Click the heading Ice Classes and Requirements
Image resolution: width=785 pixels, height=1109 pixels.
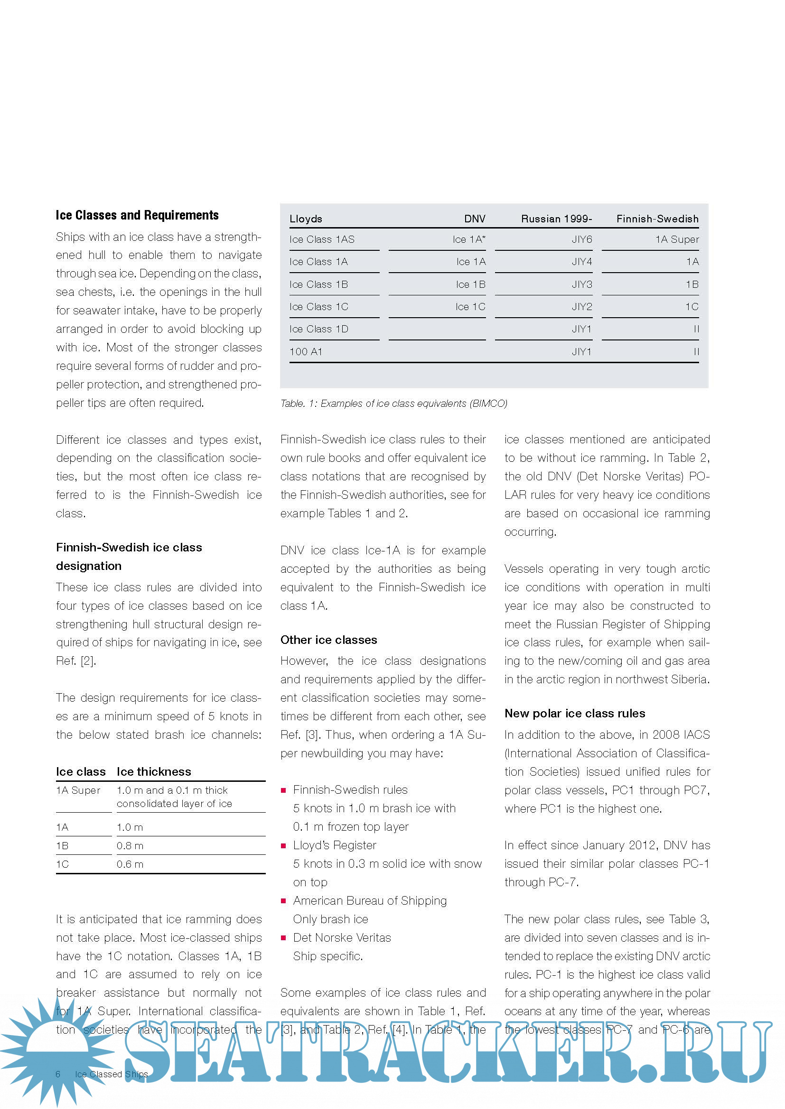tap(137, 215)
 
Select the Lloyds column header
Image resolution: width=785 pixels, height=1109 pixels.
tap(306, 219)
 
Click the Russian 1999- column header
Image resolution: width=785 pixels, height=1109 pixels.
tap(556, 219)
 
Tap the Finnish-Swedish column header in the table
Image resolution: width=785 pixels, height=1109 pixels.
tap(657, 219)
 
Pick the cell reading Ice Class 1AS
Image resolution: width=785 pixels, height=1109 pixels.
tap(322, 239)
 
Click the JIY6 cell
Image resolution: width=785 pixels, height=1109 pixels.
tap(581, 239)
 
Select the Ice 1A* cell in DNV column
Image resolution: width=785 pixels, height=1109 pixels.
tap(468, 239)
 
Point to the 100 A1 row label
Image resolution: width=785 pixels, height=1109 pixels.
tap(306, 352)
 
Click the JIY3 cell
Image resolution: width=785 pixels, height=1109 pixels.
tap(581, 284)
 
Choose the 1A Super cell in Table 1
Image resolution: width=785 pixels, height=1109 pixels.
tap(677, 239)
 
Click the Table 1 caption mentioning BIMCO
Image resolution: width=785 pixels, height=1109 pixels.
tap(393, 403)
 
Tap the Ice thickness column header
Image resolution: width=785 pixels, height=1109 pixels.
tap(154, 771)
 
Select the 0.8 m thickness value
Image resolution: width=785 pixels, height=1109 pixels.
tap(130, 846)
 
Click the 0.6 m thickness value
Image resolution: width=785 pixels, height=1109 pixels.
tap(130, 864)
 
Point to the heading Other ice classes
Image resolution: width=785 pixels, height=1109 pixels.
tap(328, 640)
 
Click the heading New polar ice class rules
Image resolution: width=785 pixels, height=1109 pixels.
tap(574, 714)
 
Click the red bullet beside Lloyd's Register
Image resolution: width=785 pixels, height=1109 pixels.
tap(283, 846)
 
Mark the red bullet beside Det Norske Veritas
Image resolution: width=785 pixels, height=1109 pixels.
tap(283, 938)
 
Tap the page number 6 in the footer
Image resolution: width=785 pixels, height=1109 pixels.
tap(58, 1074)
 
